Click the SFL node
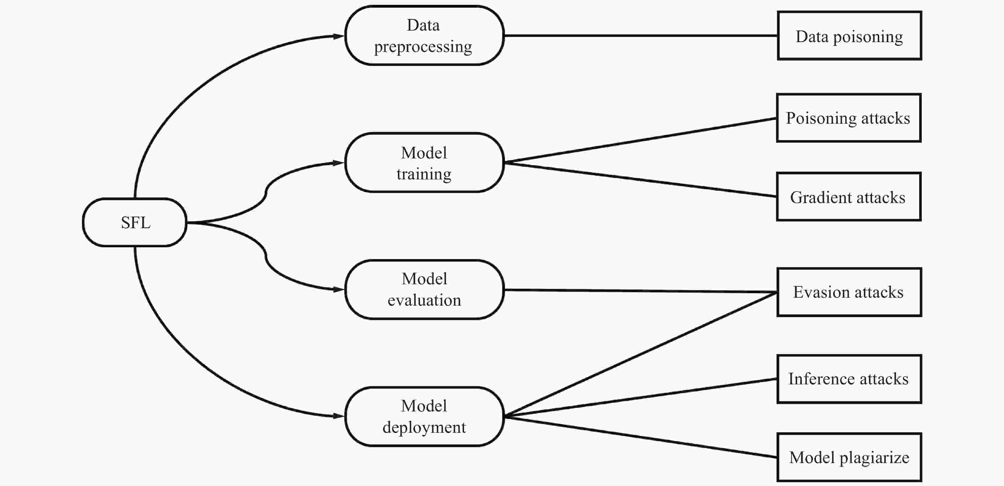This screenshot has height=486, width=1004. (x=135, y=222)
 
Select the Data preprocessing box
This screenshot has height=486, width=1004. (x=424, y=35)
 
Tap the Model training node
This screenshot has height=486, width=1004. (x=424, y=163)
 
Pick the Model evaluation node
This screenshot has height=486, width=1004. (x=424, y=290)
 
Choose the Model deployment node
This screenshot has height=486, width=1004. (x=424, y=416)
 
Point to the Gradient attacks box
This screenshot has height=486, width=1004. (x=848, y=197)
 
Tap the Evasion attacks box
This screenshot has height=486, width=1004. (x=849, y=292)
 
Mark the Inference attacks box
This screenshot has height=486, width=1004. (x=849, y=379)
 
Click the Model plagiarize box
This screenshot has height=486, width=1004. (x=849, y=458)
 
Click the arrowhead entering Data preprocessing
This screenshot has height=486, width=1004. (x=338, y=36)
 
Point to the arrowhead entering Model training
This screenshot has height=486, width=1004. (x=338, y=163)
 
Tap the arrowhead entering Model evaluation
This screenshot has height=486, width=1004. (x=338, y=290)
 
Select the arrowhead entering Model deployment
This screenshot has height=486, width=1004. (x=338, y=416)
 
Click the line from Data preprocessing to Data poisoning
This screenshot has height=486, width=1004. (x=639, y=35)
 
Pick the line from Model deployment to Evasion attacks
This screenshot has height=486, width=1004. (x=639, y=355)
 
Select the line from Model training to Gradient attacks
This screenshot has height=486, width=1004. (x=639, y=179)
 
